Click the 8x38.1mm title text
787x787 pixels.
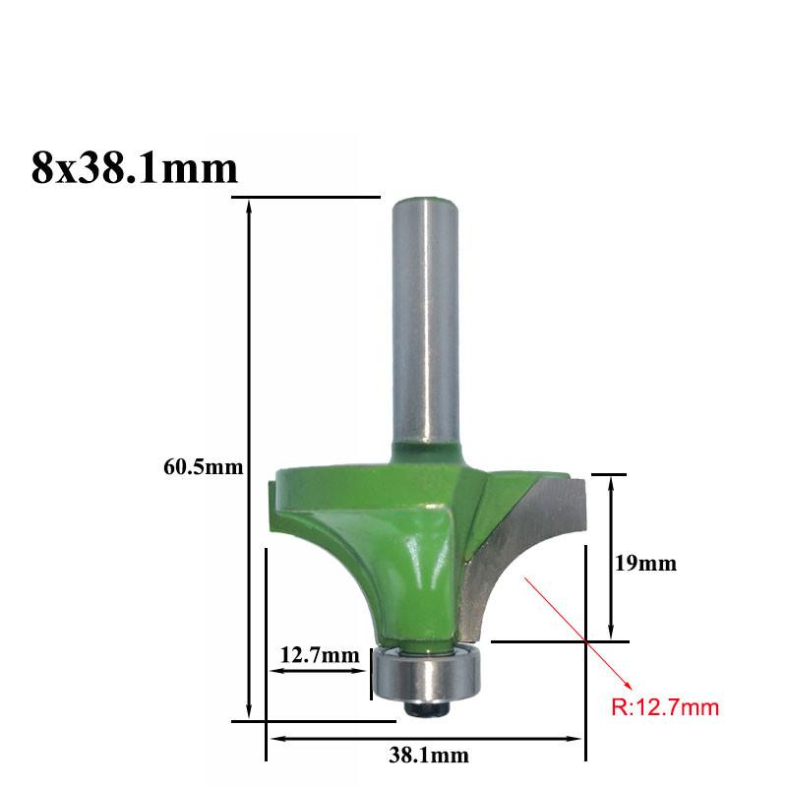pyautogui.click(x=134, y=168)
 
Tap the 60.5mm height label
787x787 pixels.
pyautogui.click(x=204, y=467)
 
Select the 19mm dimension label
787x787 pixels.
pyautogui.click(x=646, y=563)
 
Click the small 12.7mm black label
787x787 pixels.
pyautogui.click(x=320, y=655)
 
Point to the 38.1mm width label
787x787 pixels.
pyautogui.click(x=429, y=756)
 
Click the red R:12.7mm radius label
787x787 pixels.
pyautogui.click(x=665, y=707)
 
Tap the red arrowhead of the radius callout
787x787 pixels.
pyautogui.click(x=627, y=685)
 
